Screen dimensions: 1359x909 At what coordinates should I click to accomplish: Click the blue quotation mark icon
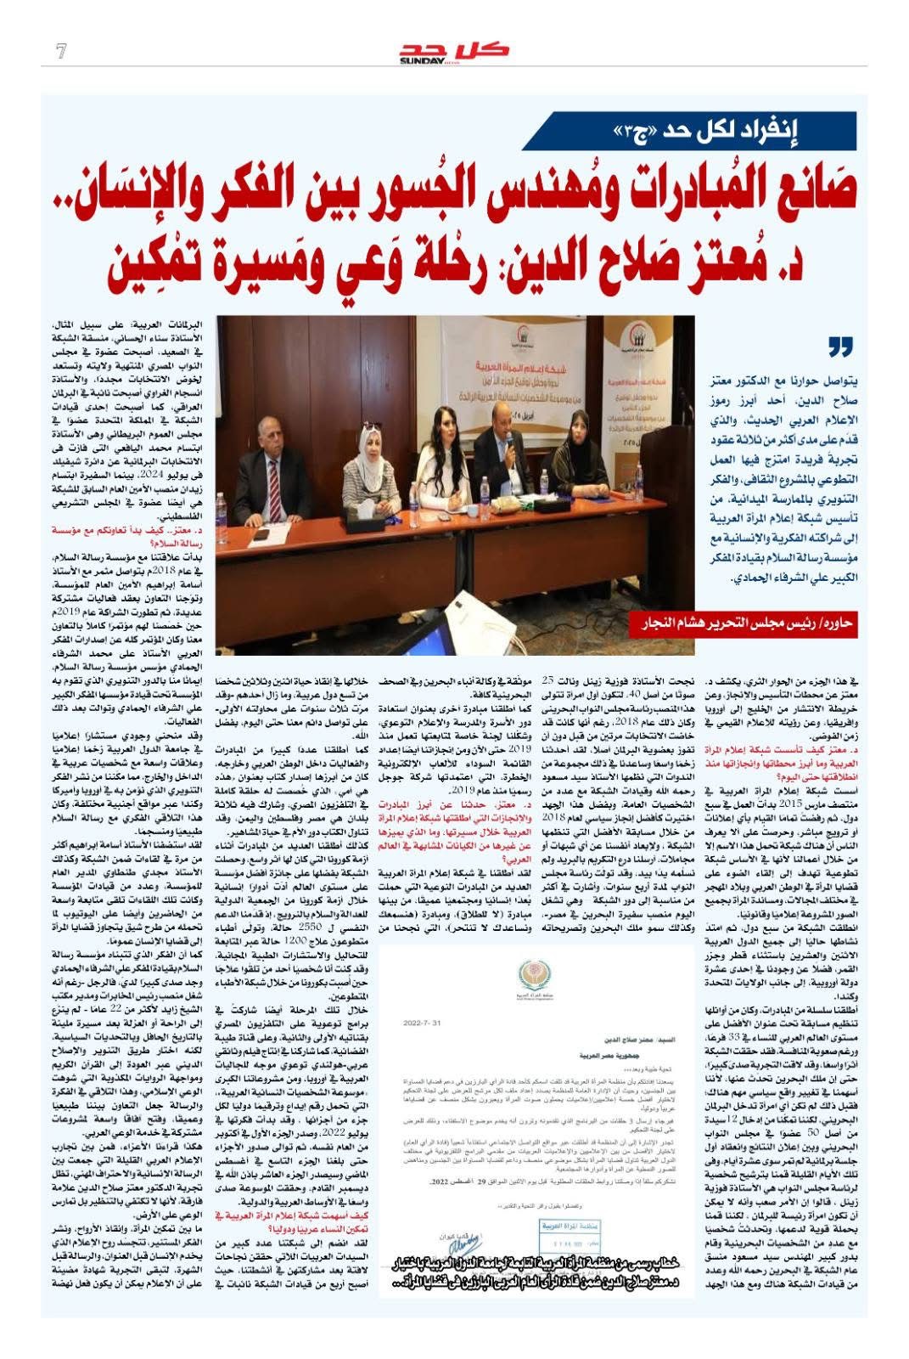click(839, 347)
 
